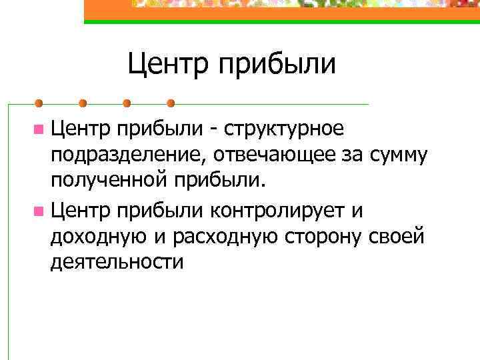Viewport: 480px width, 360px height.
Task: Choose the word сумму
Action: tap(394, 156)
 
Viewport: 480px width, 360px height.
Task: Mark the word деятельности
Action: tap(116, 263)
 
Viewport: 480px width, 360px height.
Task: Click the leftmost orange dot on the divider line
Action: tap(39, 103)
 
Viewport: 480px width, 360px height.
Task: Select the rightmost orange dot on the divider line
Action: tap(171, 103)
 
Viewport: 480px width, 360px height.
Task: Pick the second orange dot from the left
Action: tap(83, 103)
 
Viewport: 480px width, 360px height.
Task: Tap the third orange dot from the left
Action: tap(127, 103)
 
